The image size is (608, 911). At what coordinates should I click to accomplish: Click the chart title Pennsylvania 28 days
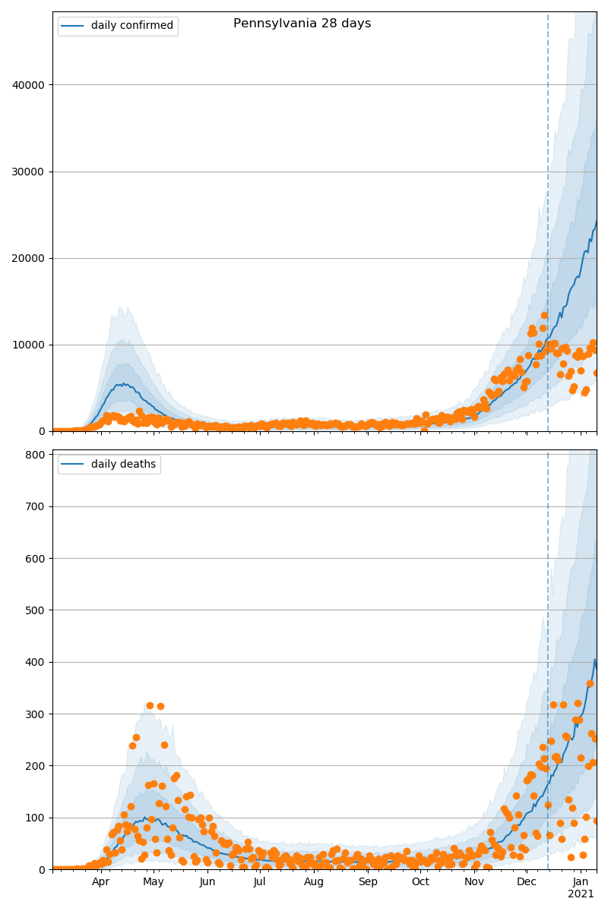302,24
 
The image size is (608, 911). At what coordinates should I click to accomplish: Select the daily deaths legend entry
123,464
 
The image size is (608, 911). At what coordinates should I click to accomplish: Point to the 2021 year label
581,894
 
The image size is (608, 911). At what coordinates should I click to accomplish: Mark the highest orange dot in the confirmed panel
544,315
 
